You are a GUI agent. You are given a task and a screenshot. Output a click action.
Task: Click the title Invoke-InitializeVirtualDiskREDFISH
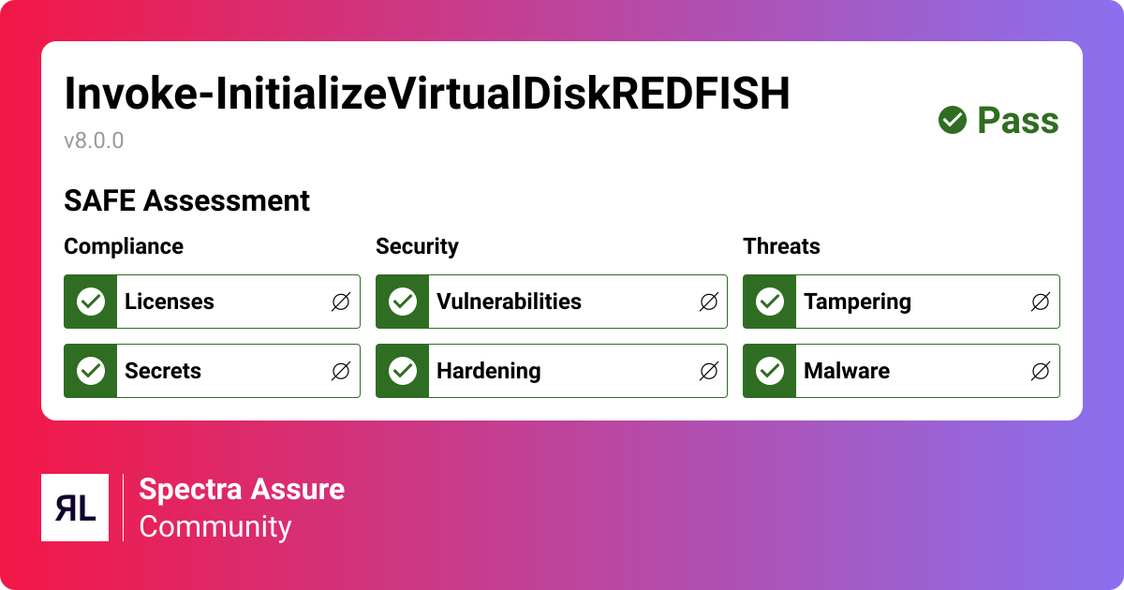coord(427,94)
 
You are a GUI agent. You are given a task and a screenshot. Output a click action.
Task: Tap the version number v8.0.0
coord(94,140)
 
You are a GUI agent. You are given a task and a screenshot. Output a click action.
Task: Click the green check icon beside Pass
coord(953,120)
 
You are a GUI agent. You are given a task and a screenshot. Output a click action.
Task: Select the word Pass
coord(1018,121)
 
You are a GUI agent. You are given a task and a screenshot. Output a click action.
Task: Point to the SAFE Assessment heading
coord(186,200)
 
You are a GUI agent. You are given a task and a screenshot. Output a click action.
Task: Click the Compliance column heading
coord(124,246)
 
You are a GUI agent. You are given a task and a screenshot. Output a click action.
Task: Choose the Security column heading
coord(417,246)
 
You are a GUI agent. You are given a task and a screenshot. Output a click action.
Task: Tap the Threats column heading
coord(781,246)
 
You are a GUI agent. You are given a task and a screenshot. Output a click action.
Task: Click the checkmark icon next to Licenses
coord(91,302)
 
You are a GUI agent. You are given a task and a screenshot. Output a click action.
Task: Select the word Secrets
coord(163,371)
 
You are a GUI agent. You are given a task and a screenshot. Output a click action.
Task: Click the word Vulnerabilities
coord(509,302)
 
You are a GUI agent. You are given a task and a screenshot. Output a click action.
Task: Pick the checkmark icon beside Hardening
coord(403,371)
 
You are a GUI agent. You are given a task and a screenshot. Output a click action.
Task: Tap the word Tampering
coord(857,302)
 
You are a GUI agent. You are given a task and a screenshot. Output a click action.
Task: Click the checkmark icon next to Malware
coord(770,371)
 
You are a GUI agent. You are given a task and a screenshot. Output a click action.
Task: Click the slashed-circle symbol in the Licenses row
coord(341,302)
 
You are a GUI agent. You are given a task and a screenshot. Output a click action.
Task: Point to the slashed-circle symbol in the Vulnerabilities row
coord(708,302)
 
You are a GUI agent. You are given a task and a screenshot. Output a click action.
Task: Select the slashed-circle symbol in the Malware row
coord(1041,371)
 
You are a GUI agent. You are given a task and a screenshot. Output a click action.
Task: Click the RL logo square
coord(75,508)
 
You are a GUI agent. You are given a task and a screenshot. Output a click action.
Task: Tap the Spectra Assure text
coord(242,489)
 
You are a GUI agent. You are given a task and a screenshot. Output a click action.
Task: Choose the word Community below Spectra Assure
coord(215,526)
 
